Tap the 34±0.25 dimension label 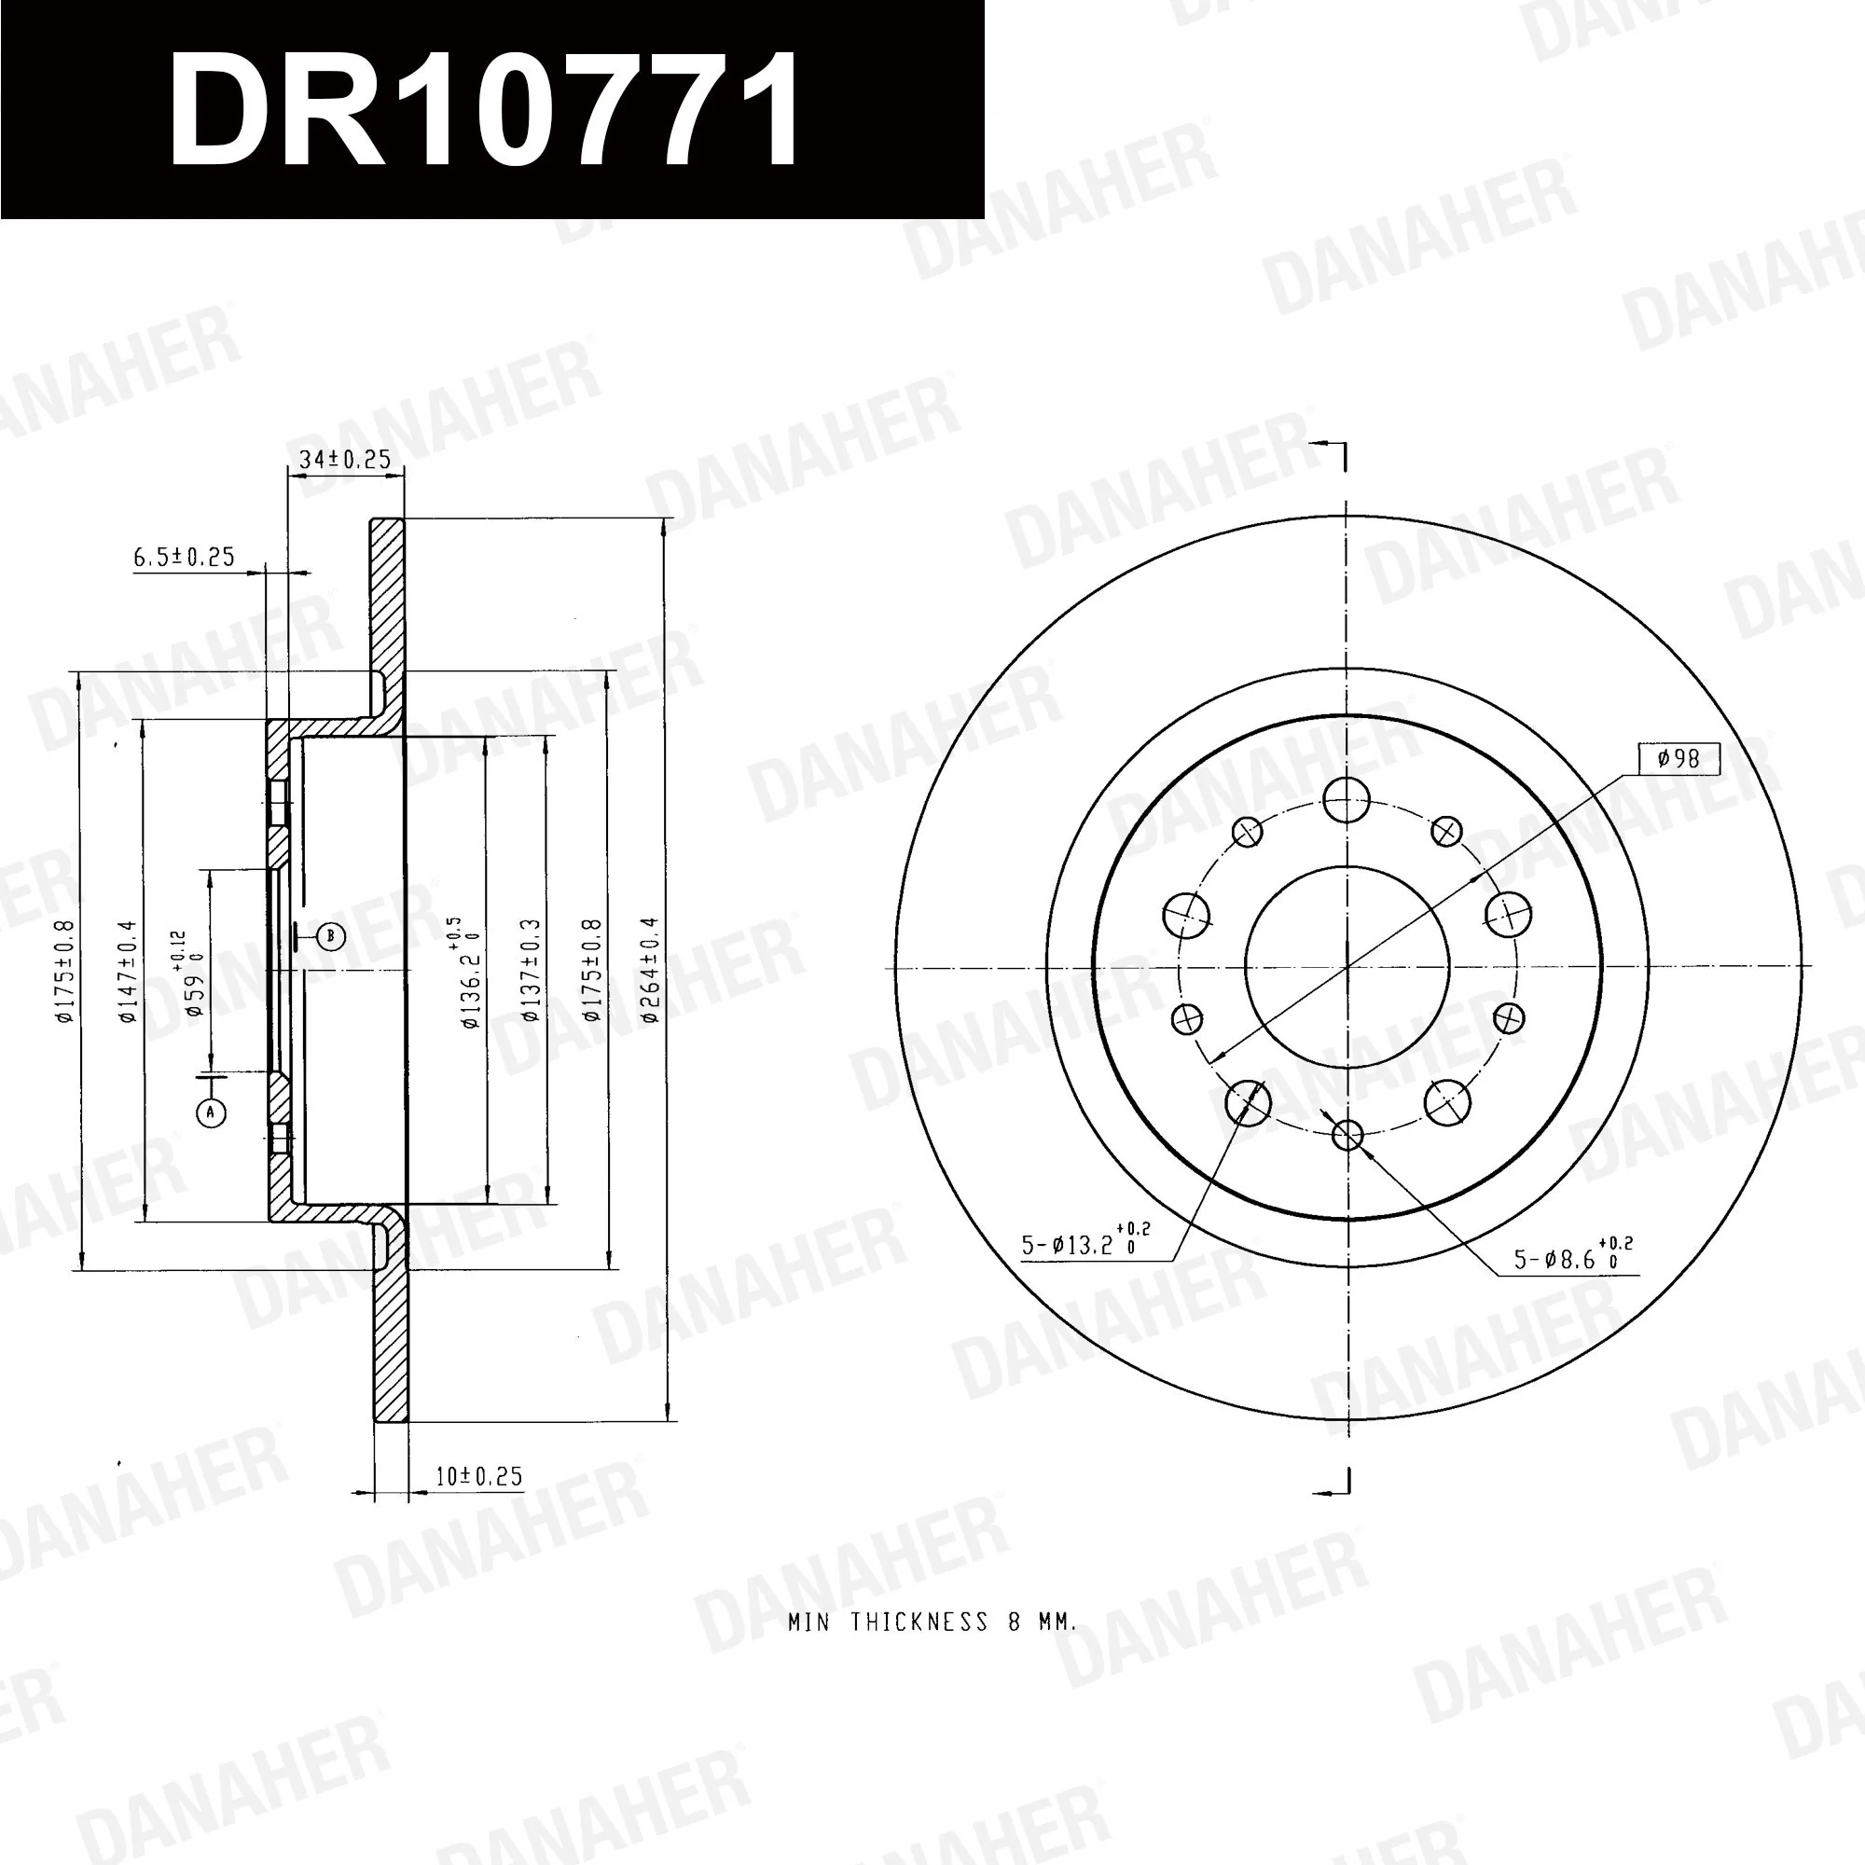[345, 460]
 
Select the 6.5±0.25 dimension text [184, 557]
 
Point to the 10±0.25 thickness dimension [478, 1476]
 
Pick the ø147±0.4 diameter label [129, 971]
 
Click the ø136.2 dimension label [471, 975]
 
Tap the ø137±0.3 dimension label [530, 969]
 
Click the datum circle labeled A [212, 1113]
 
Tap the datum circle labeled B [331, 935]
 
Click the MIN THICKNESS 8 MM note [932, 1622]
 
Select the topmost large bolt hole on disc [1346, 799]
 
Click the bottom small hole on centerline [1347, 1134]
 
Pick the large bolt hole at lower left [1249, 1101]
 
